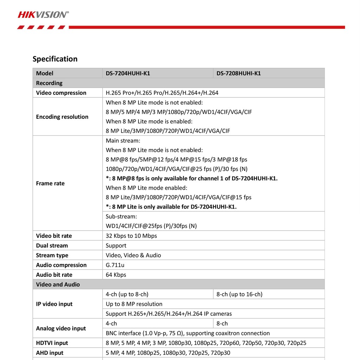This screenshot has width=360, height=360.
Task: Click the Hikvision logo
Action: coord(43,14)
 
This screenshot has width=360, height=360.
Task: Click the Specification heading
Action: coord(55,59)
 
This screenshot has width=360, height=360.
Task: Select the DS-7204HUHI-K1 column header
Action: coord(128,73)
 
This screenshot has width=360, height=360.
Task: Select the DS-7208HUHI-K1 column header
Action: coord(239,73)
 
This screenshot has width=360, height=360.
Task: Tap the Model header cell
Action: coord(45,73)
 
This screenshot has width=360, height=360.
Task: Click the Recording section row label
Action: coord(49,83)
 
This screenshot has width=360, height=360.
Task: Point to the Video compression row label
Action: coord(61,93)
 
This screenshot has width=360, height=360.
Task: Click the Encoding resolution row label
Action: coord(62,117)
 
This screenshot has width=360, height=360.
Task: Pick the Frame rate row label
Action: coord(50,183)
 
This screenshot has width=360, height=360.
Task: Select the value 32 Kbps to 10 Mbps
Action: coord(131,236)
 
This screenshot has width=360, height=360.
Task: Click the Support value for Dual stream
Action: coord(116,245)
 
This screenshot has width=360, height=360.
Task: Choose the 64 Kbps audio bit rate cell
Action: coord(116,275)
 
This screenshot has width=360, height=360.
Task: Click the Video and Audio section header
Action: coord(58,284)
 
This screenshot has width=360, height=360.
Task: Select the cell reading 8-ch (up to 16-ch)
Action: coord(239,294)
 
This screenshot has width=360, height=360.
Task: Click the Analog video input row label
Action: coord(61,328)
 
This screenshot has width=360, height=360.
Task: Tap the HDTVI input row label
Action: coord(52,343)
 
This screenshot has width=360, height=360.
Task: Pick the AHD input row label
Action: coord(50,353)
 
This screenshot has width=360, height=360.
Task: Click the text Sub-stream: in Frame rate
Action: coord(121,216)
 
